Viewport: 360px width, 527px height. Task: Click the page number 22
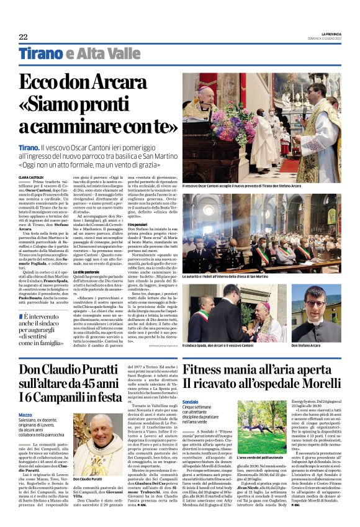(x=23, y=37)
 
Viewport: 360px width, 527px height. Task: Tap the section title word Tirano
(x=41, y=54)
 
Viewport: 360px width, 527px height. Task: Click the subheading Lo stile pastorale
(x=87, y=271)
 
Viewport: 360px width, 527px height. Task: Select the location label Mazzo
(x=25, y=397)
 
